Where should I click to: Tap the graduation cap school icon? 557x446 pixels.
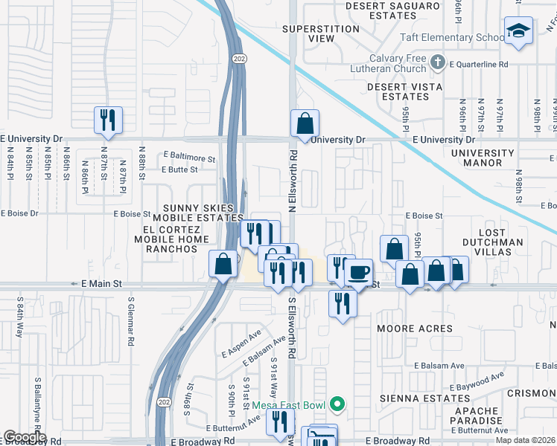point(518,31)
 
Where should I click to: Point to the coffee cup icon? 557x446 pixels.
point(359,271)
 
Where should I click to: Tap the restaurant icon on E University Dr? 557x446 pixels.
point(109,119)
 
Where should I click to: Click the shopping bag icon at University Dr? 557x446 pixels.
point(305,123)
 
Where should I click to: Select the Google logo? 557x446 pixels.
point(25,437)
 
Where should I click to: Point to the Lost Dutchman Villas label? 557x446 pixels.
point(492,242)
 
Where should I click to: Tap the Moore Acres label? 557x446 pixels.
point(414,329)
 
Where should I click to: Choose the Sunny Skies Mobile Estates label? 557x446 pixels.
point(193,213)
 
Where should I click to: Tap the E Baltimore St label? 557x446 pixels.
point(189,158)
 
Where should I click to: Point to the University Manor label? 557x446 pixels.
point(487,158)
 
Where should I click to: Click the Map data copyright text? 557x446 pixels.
point(525,440)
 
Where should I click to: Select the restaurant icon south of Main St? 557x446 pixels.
point(342,303)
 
